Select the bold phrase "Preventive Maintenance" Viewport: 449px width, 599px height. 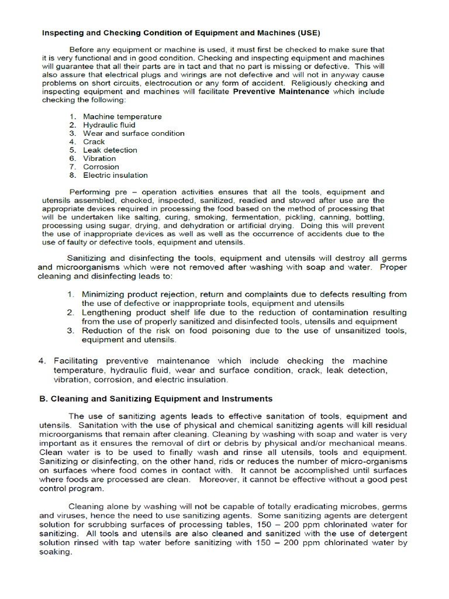click(x=281, y=92)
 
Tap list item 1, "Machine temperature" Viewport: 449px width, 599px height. click(x=122, y=116)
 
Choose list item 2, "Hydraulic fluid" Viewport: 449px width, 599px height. click(x=109, y=125)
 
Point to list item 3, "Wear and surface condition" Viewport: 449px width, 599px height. click(x=133, y=133)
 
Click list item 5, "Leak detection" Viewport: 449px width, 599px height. click(x=110, y=150)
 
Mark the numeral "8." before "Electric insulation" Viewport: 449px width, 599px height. click(x=72, y=175)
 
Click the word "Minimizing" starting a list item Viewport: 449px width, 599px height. click(x=102, y=294)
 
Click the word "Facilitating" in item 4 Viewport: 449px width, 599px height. click(x=76, y=361)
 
